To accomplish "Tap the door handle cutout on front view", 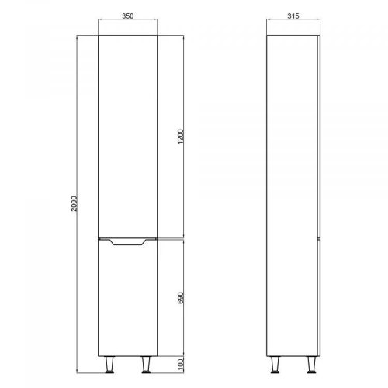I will (x=128, y=242).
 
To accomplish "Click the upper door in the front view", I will (x=130, y=136).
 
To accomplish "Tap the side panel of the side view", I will (x=293, y=194).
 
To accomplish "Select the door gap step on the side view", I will (x=319, y=237).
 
